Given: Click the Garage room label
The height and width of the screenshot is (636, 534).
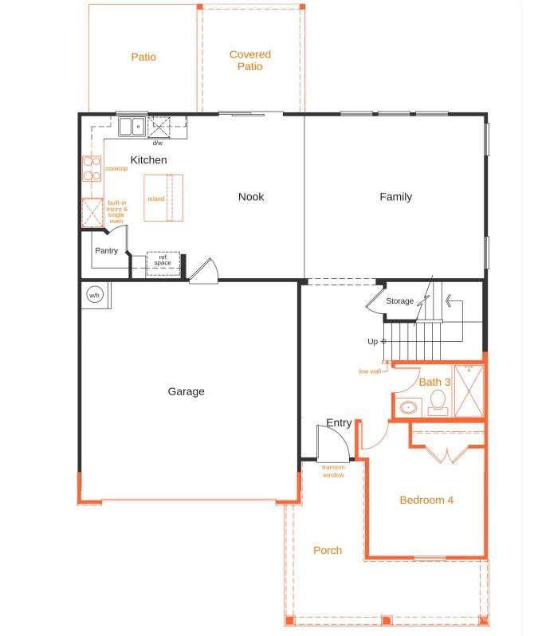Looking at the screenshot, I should [x=186, y=391].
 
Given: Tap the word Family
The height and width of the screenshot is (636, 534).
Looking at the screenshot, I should [x=395, y=197].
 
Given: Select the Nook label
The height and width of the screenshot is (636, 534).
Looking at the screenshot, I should [x=251, y=197].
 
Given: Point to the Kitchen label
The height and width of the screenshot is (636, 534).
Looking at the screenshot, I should [x=149, y=160].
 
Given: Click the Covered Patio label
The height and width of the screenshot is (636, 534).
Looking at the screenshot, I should [x=249, y=61].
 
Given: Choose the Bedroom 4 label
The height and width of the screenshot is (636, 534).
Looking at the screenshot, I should [x=426, y=501].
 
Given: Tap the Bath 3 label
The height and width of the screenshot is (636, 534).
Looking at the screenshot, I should [x=435, y=383].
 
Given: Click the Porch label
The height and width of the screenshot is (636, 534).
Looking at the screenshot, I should [x=328, y=551].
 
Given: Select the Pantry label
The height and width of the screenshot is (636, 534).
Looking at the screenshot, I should [x=106, y=251].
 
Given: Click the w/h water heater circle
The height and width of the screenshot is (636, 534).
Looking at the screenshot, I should [x=94, y=296].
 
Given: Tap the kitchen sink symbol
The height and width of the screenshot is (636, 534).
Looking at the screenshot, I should [x=132, y=126].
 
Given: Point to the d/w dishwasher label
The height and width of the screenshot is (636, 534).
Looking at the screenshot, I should [x=157, y=143].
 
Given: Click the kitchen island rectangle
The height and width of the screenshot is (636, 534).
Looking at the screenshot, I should [x=163, y=198].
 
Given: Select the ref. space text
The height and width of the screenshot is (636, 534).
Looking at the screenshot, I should [x=163, y=260].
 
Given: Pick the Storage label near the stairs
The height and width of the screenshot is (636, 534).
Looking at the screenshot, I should [x=399, y=301].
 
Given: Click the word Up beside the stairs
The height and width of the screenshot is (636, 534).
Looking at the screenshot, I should [x=372, y=342].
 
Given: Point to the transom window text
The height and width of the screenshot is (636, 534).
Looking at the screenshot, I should [x=333, y=471].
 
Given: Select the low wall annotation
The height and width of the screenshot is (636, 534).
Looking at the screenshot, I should [x=369, y=371].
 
